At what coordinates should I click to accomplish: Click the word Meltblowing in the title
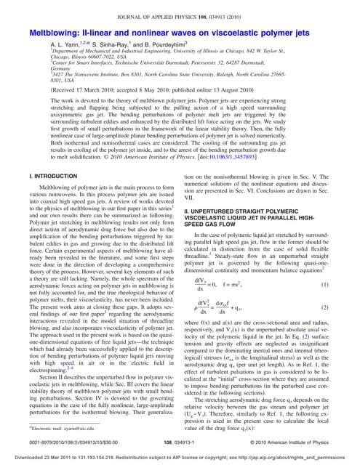[56, 33]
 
